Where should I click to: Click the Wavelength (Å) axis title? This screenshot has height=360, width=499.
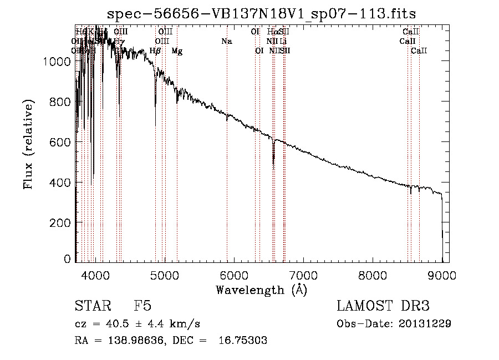(261, 290)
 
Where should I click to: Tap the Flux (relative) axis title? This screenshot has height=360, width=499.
(28, 144)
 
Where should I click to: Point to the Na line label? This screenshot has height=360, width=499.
(226, 41)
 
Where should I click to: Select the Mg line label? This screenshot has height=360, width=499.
(177, 51)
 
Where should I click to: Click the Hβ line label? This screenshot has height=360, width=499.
(155, 51)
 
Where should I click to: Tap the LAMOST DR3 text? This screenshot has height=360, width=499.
(383, 306)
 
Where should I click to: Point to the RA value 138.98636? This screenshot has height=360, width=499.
(132, 341)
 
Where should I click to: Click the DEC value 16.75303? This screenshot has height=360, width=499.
(245, 341)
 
